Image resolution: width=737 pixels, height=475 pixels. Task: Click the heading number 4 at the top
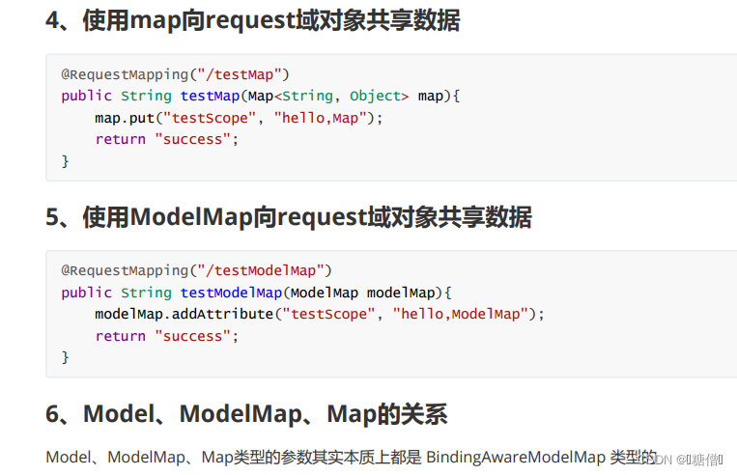[x=53, y=19]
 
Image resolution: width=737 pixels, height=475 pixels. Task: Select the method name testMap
[x=210, y=96]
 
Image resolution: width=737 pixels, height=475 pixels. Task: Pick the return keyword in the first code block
[x=120, y=139]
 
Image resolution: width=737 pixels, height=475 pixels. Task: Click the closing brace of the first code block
[x=66, y=161]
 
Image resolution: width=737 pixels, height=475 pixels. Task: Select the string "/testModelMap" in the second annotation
[x=261, y=270]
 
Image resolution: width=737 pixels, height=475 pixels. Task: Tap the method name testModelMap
[x=231, y=293]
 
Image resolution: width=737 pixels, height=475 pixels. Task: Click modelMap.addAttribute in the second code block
[x=184, y=314]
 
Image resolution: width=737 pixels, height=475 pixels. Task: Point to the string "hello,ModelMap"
[x=461, y=314]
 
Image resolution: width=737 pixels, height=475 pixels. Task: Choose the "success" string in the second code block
[x=193, y=336]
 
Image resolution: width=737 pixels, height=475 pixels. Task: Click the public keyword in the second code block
[x=87, y=293]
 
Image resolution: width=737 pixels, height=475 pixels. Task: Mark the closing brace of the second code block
[x=66, y=357]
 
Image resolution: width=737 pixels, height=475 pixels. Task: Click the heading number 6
[x=53, y=414]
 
